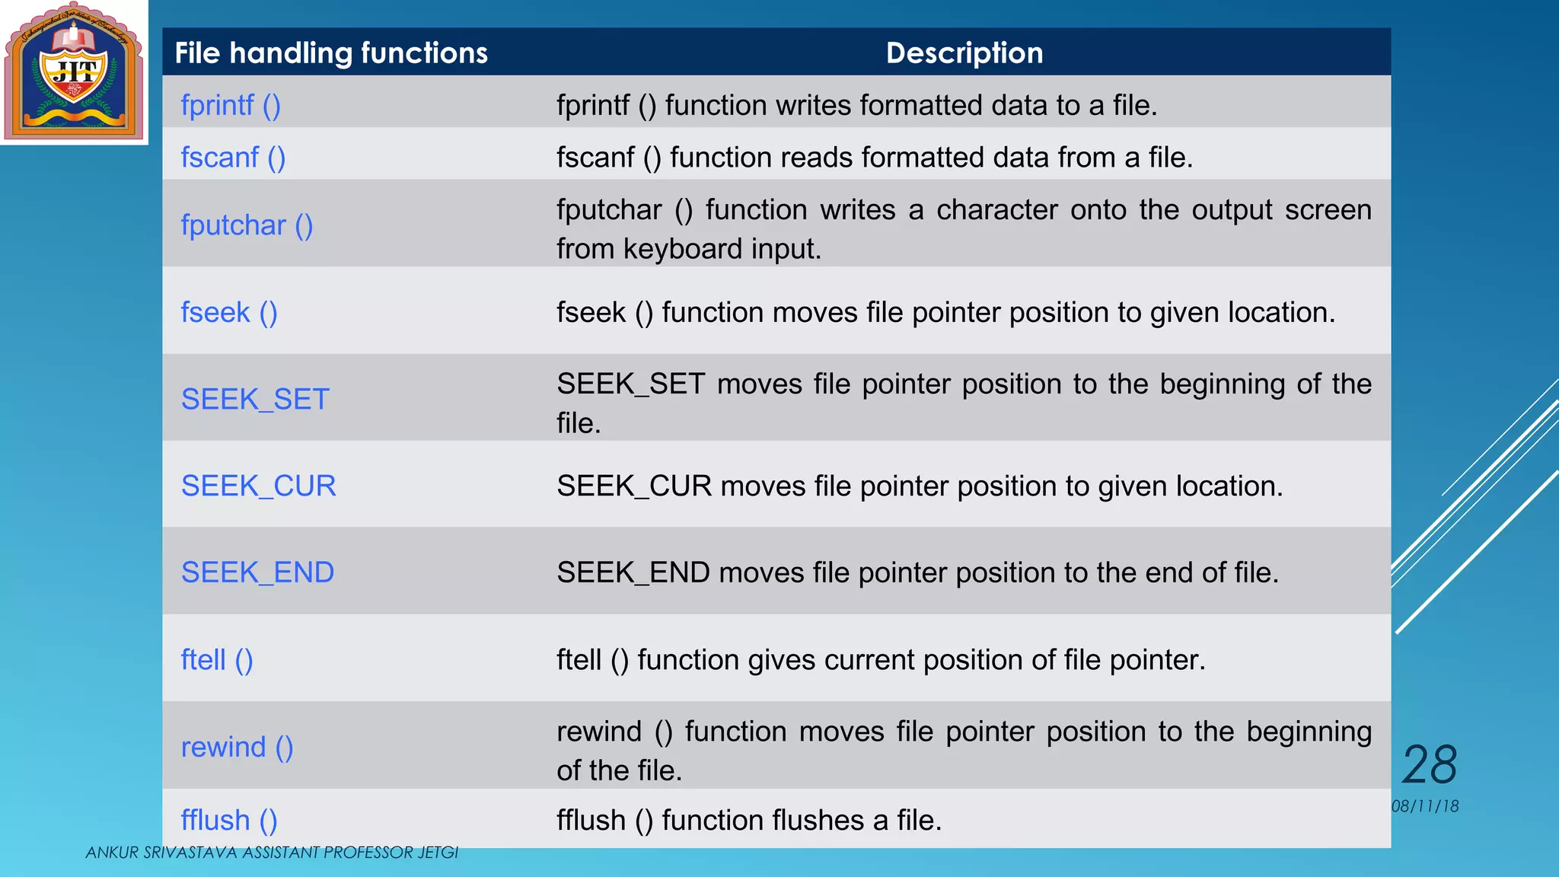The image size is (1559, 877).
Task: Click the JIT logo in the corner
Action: [x=74, y=72]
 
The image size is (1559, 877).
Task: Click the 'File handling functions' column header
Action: [x=331, y=53]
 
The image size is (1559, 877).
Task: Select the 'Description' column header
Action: [x=964, y=53]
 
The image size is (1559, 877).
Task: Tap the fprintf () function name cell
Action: [x=231, y=106]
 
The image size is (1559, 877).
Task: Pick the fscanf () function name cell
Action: [x=233, y=158]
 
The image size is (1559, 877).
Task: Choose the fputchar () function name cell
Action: [x=247, y=225]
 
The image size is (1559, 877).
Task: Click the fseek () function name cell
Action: [x=229, y=313]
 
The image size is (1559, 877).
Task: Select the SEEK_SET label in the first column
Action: [x=255, y=400]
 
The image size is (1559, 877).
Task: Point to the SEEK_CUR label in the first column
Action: [x=258, y=486]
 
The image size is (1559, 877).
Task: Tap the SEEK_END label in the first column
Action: [x=257, y=573]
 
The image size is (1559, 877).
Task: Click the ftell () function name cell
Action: [x=217, y=660]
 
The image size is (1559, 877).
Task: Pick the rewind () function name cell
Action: [x=237, y=748]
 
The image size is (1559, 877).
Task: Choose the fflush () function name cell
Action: [x=229, y=821]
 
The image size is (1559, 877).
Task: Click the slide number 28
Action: [x=1429, y=765]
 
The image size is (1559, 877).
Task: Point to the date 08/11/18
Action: [x=1425, y=807]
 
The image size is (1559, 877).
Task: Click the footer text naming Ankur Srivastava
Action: [x=272, y=853]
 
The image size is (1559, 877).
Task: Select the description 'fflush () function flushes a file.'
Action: [x=749, y=821]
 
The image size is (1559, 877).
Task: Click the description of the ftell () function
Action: [x=881, y=660]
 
